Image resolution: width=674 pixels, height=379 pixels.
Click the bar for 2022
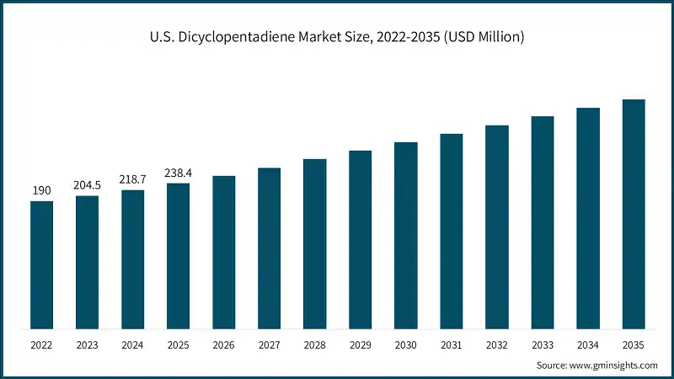point(41,265)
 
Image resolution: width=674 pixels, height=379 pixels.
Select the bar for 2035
point(633,215)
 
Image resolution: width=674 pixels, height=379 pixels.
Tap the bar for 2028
point(314,244)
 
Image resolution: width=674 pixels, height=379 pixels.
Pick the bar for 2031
point(451,232)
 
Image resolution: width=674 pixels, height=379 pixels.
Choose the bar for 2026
point(223,253)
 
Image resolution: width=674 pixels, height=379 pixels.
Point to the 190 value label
point(41,191)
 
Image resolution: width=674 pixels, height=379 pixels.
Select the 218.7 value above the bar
point(132,180)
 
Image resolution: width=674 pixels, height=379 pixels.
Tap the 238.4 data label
point(178,173)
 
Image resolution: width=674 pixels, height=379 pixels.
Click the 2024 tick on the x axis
point(132,344)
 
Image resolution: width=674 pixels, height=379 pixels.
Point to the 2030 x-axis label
point(405,344)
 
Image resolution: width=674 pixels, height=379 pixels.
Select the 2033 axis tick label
point(542,344)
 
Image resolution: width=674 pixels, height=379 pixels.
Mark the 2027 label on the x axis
point(269,344)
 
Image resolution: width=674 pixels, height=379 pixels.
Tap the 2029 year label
point(360,344)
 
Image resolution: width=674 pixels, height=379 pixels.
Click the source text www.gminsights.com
point(614,365)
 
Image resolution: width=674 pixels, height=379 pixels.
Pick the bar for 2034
point(587,219)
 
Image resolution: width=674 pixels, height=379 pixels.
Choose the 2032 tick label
point(496,344)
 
